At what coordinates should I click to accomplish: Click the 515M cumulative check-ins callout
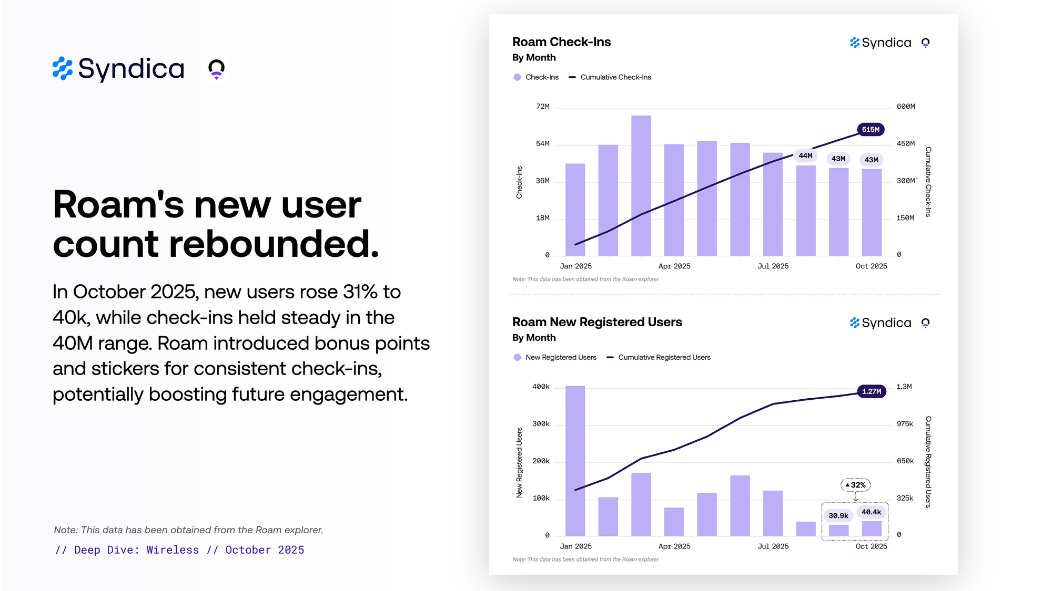(x=871, y=129)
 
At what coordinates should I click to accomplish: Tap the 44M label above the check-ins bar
(x=805, y=155)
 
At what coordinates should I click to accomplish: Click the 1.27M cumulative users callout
(x=872, y=391)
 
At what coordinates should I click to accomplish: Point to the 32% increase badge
(x=856, y=485)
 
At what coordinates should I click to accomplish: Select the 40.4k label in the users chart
(x=871, y=512)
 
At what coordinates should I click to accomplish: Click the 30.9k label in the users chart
(x=838, y=515)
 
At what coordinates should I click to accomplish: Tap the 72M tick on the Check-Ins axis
(x=543, y=107)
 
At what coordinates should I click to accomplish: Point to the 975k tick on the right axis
(x=905, y=423)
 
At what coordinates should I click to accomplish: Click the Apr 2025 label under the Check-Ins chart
(x=674, y=266)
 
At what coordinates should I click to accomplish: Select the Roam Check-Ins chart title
(x=561, y=42)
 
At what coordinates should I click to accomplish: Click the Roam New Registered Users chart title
(x=597, y=322)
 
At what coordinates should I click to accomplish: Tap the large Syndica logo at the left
(x=119, y=69)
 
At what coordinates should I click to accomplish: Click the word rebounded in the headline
(x=274, y=244)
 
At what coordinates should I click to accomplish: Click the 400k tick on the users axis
(x=541, y=387)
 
